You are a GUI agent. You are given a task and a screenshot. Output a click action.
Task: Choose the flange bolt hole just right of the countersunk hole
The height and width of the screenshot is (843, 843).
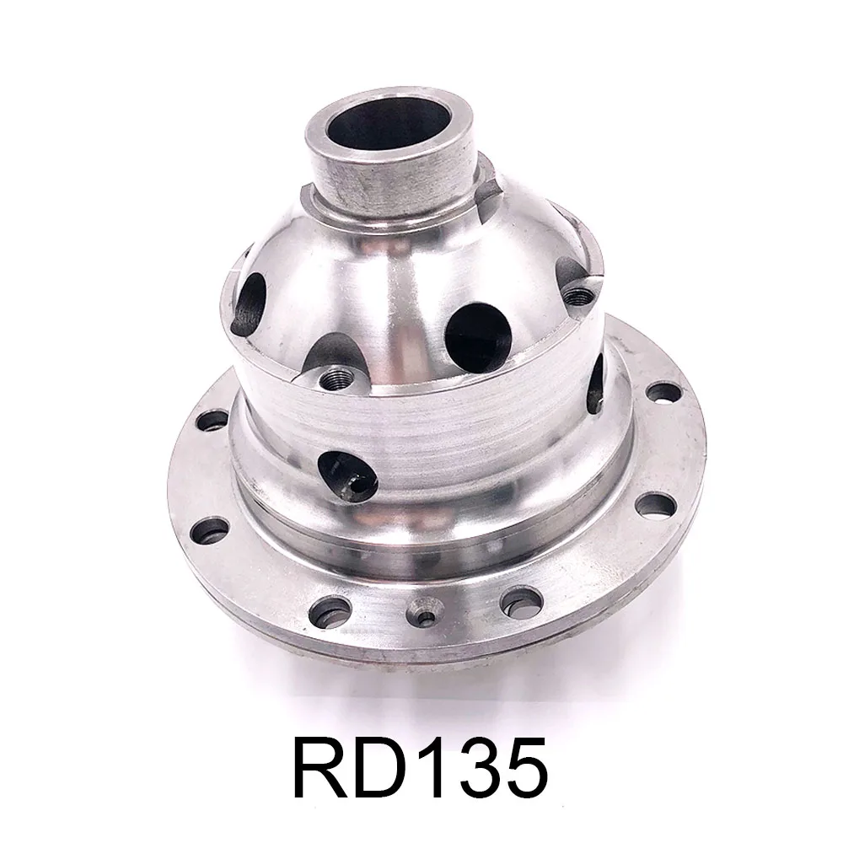pyautogui.click(x=517, y=600)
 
